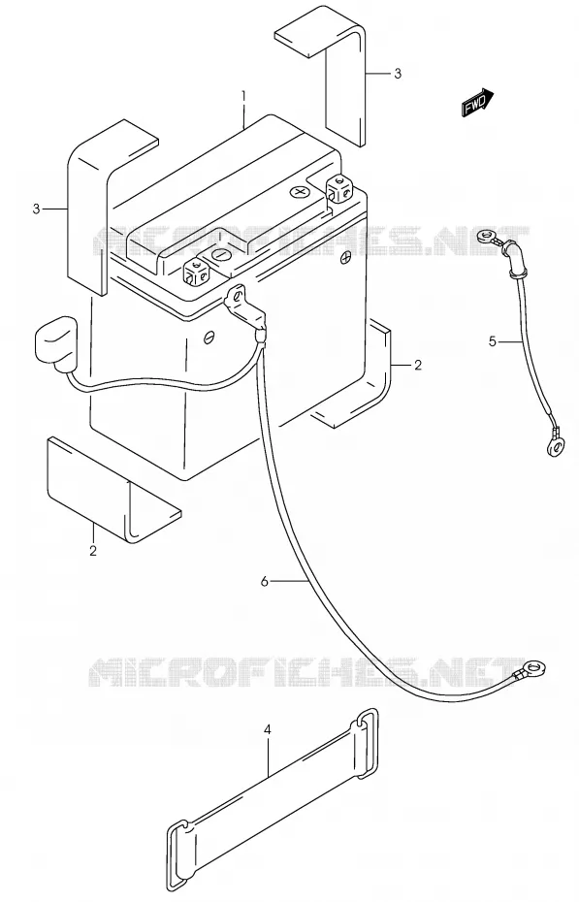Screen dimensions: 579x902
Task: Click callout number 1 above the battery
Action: pyautogui.click(x=243, y=95)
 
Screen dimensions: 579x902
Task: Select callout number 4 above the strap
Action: pyautogui.click(x=267, y=730)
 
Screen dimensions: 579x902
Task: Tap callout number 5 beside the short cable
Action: pyautogui.click(x=492, y=341)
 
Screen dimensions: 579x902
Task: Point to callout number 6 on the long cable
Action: pyautogui.click(x=265, y=582)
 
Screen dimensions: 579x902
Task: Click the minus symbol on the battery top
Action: pyautogui.click(x=220, y=254)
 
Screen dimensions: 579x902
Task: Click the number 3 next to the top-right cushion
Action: pyautogui.click(x=398, y=74)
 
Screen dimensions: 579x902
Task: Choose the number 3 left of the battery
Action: pyautogui.click(x=36, y=209)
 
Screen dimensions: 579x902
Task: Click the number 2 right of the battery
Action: pyautogui.click(x=418, y=365)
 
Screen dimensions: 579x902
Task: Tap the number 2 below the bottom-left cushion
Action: pyautogui.click(x=92, y=551)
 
